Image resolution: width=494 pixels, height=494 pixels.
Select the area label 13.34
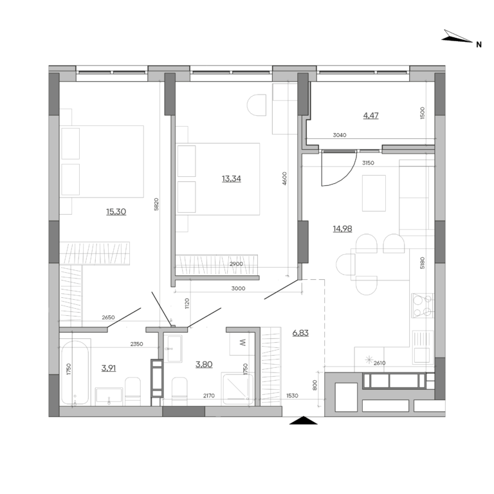click(x=231, y=178)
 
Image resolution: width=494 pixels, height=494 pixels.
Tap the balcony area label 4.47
click(x=370, y=116)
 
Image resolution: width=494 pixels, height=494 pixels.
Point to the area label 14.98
click(x=343, y=228)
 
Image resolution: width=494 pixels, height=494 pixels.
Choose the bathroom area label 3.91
click(x=109, y=368)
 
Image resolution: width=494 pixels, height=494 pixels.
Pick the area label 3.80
click(x=204, y=364)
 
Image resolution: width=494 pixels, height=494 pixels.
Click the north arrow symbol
click(x=458, y=39)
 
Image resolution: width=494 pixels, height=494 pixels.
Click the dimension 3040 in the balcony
click(x=340, y=136)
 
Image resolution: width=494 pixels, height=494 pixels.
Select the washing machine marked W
click(x=243, y=343)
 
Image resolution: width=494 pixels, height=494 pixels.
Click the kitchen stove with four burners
click(x=422, y=306)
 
